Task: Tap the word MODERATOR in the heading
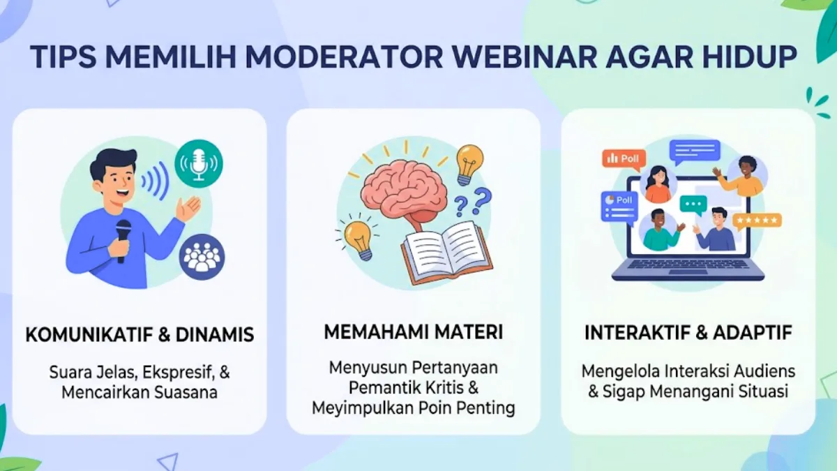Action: coord(344,57)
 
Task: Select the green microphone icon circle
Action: coord(198,164)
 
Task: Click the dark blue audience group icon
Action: coord(202,257)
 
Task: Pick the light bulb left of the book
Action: coord(359,239)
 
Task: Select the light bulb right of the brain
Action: coord(469,165)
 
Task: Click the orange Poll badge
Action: coord(624,158)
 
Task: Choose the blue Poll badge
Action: coord(619,207)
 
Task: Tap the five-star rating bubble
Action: coord(757,221)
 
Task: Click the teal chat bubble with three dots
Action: coord(693,205)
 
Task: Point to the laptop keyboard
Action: coord(687,264)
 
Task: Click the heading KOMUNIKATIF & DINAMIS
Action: coord(139,334)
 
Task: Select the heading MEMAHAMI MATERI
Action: coord(413,332)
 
